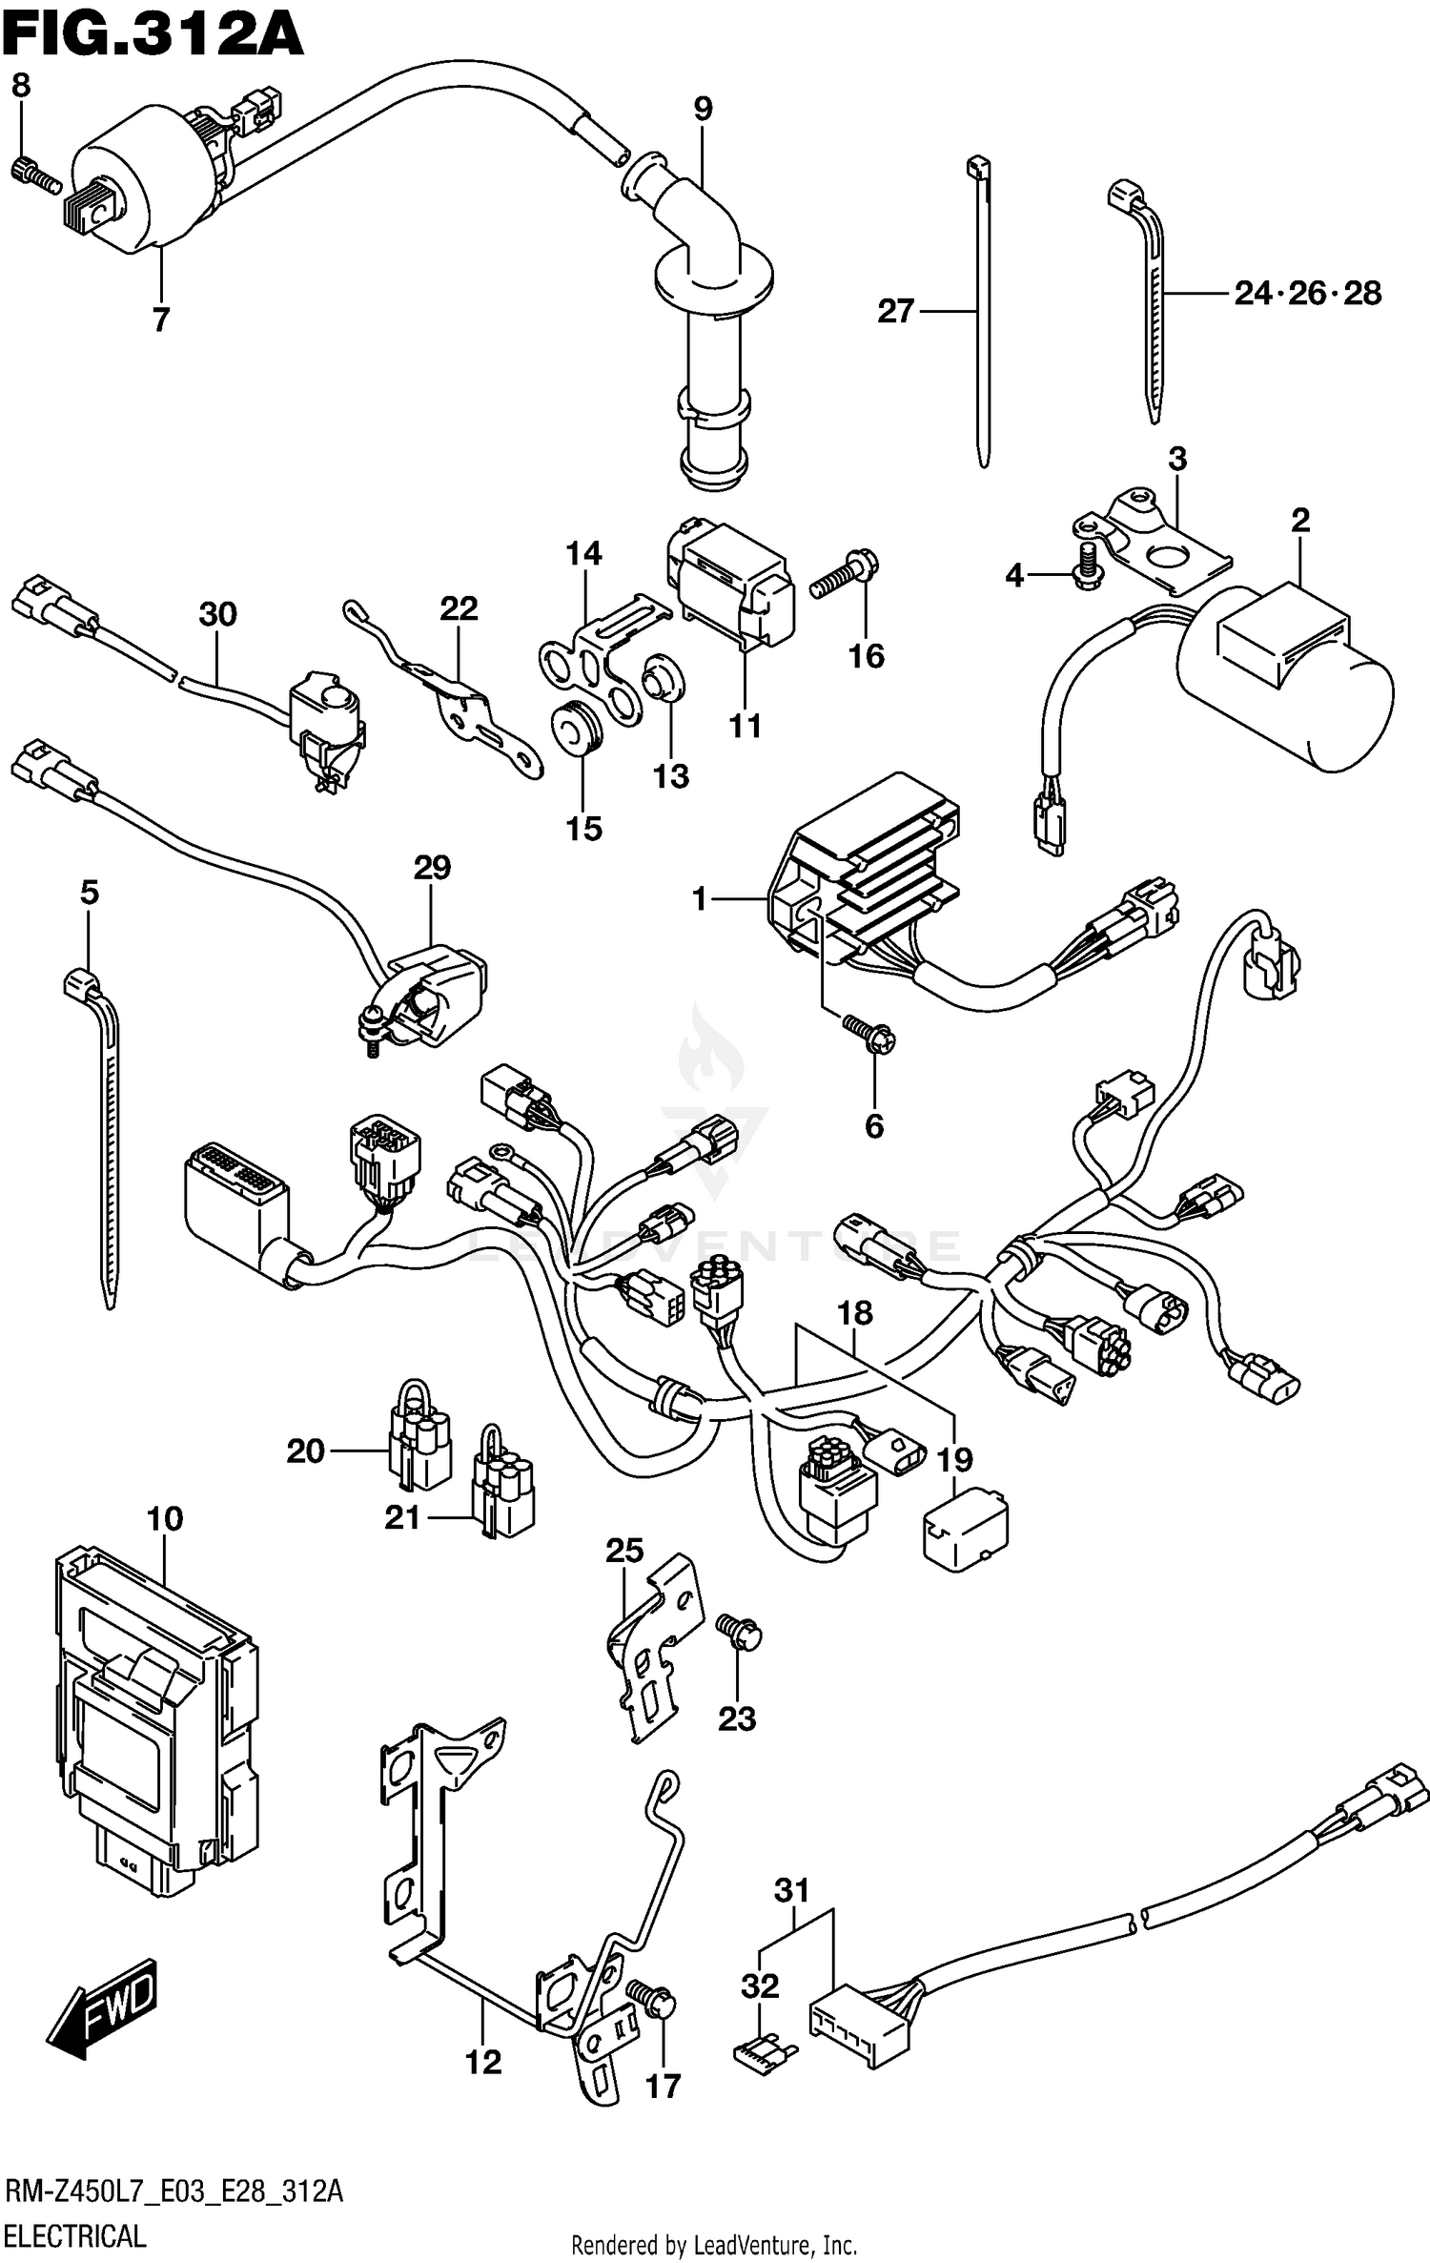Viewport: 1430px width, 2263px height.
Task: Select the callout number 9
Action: [x=703, y=109]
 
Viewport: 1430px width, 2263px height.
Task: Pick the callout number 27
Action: [x=895, y=311]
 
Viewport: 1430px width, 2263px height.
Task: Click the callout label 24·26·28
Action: [x=1307, y=294]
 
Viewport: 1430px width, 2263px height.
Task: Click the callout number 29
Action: [x=432, y=868]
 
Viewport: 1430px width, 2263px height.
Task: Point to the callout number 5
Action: [x=89, y=894]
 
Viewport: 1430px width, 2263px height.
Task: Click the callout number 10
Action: [x=165, y=1518]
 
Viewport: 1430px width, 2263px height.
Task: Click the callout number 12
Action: [x=482, y=2062]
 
